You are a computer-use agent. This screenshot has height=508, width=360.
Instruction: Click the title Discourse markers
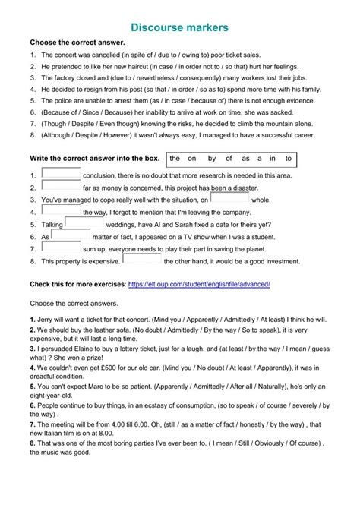(x=180, y=27)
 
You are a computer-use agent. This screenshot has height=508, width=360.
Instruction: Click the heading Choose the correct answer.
(x=77, y=43)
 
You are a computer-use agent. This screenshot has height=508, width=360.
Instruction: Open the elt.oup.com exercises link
(x=199, y=283)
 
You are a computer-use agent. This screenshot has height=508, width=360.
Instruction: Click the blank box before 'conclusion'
(x=61, y=174)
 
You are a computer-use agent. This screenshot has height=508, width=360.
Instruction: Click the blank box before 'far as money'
(x=61, y=186)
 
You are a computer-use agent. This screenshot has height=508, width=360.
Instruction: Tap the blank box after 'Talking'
(x=84, y=223)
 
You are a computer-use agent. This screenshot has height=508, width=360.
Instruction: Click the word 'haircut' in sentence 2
(x=154, y=67)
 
